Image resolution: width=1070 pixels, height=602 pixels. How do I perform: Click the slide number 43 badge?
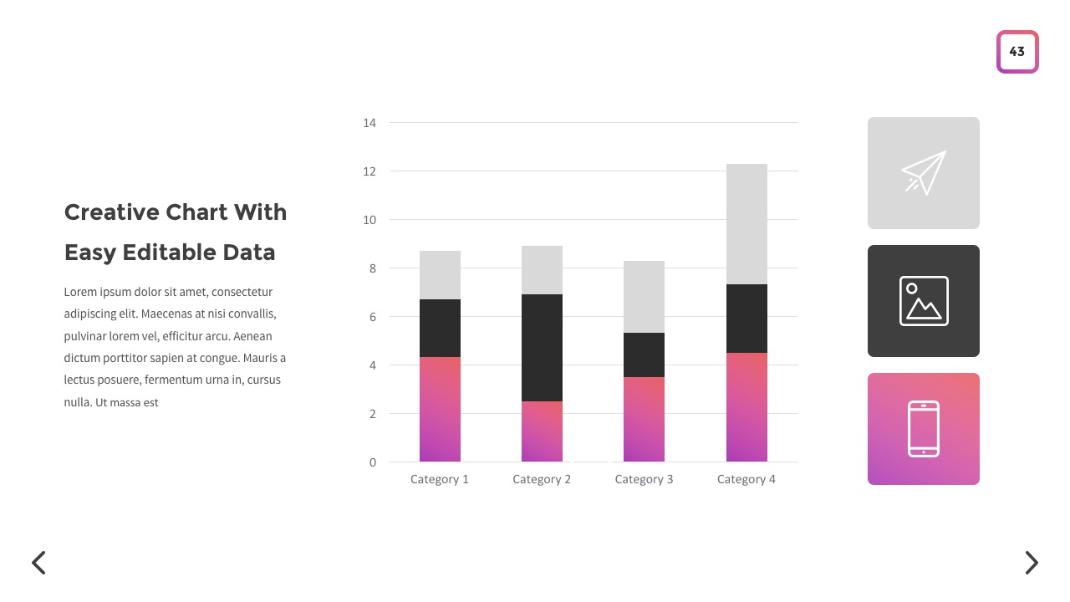click(x=1016, y=52)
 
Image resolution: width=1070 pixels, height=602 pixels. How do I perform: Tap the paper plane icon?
click(x=924, y=173)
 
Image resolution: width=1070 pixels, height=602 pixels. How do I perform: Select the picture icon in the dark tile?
click(x=924, y=301)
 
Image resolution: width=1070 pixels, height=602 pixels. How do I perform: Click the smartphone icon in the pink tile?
click(x=924, y=429)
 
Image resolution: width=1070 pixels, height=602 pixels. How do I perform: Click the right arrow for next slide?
click(x=1032, y=563)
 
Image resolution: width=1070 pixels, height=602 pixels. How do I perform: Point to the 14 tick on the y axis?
click(x=369, y=123)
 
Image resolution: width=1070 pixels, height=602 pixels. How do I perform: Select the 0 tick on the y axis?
click(x=373, y=462)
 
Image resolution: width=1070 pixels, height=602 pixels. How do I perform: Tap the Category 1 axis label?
click(x=440, y=479)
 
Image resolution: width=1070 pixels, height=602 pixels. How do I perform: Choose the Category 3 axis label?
click(x=644, y=479)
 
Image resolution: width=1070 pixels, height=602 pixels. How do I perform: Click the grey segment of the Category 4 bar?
click(x=746, y=224)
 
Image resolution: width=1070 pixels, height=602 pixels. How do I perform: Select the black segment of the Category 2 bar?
click(x=542, y=348)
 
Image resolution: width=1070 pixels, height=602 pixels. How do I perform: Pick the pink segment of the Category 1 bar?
click(x=440, y=409)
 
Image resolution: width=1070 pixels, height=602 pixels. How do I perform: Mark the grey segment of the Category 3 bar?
click(x=644, y=297)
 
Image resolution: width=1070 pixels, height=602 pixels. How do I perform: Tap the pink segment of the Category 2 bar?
click(x=542, y=431)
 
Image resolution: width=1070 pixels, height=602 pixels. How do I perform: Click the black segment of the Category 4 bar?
click(x=746, y=319)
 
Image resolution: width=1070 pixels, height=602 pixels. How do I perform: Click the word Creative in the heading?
click(x=111, y=212)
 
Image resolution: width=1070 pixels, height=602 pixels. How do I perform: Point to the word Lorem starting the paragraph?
click(x=79, y=293)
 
